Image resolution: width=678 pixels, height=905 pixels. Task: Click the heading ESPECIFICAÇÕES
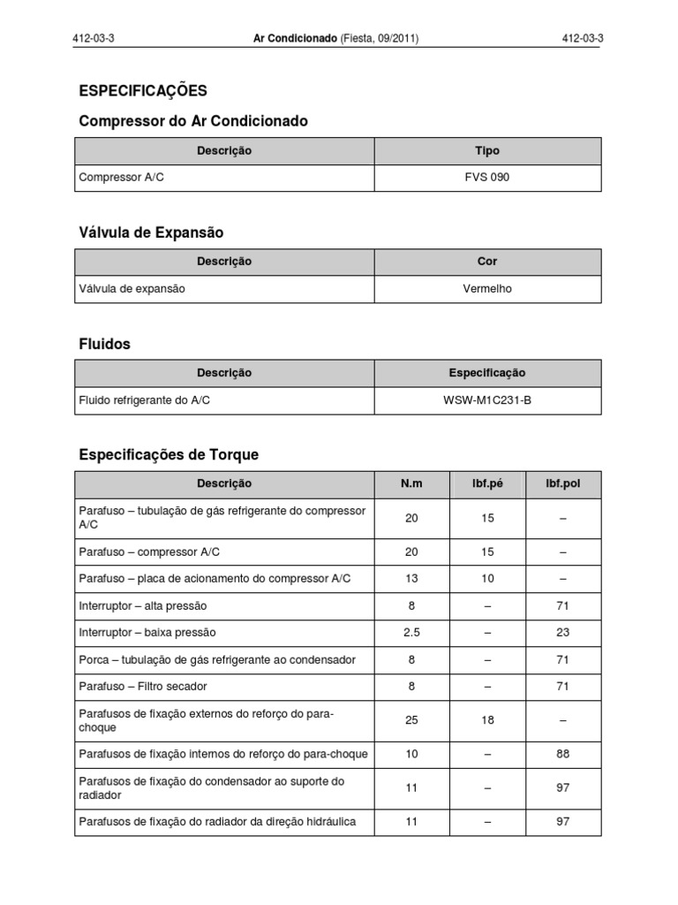[143, 90]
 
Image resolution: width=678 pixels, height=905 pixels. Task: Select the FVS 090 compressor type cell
[487, 178]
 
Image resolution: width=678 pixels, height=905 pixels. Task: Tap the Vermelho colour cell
[487, 289]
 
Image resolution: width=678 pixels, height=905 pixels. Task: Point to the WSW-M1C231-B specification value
[487, 400]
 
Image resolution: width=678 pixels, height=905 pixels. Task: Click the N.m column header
[411, 483]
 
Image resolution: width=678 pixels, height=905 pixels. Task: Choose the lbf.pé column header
[487, 483]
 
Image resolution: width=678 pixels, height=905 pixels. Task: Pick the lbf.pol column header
[563, 483]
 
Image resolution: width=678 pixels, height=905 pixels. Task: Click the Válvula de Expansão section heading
[151, 233]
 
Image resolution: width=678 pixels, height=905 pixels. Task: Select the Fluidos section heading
[105, 345]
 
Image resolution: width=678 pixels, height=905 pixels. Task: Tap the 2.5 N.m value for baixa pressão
[411, 633]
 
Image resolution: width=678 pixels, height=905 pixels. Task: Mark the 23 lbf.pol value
[563, 633]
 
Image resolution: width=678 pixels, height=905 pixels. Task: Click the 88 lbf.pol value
[563, 754]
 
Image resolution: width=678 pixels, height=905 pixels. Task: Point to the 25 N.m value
[411, 720]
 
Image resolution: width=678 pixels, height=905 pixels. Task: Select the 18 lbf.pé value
[487, 720]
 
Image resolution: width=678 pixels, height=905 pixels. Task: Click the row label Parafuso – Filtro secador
[143, 687]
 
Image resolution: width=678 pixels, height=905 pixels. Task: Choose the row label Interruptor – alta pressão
[143, 606]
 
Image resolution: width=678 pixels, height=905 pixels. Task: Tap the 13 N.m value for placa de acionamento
[411, 579]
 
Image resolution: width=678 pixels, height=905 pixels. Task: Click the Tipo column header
[487, 151]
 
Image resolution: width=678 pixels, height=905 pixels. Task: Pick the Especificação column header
[487, 373]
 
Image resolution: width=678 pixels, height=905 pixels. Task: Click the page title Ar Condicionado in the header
[295, 39]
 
